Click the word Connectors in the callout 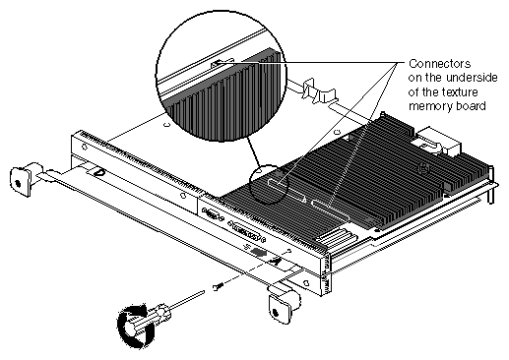click(439, 64)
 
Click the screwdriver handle click(147, 321)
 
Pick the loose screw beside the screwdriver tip click(218, 286)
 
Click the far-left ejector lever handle click(21, 180)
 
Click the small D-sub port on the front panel click(214, 215)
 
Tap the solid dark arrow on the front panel click(258, 253)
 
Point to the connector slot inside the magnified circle click(223, 63)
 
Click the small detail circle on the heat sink click(268, 184)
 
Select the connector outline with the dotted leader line click(331, 210)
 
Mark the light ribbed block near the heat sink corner click(332, 238)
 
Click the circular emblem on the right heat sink click(424, 169)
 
